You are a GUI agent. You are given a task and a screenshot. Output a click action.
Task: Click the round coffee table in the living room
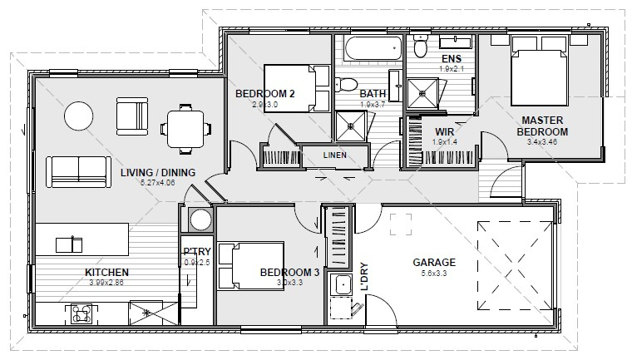click(81, 115)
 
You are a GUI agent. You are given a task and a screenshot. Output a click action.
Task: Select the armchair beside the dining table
click(132, 115)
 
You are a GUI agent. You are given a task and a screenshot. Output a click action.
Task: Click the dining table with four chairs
click(183, 127)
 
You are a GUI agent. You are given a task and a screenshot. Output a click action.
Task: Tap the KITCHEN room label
click(106, 273)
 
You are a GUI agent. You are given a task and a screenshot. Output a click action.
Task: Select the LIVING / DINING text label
click(157, 173)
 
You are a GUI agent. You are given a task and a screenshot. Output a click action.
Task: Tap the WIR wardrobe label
click(445, 131)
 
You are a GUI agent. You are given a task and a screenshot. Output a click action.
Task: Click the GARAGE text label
click(434, 263)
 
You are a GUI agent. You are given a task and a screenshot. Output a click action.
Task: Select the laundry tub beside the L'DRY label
click(342, 287)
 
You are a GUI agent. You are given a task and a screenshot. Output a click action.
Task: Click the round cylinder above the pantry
click(200, 219)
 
